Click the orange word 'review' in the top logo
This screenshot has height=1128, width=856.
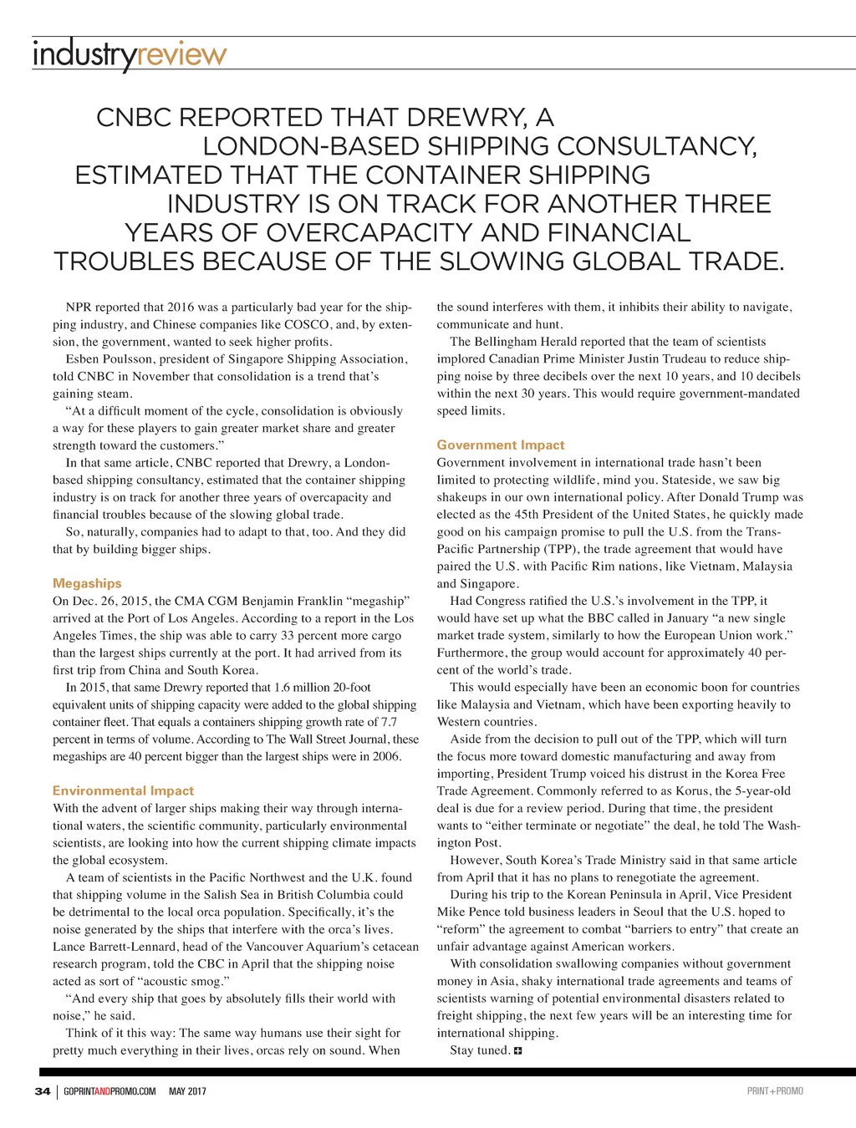pyautogui.click(x=181, y=55)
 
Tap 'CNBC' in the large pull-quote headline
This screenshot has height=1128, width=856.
pyautogui.click(x=134, y=118)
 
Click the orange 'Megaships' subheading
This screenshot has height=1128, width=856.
pyautogui.click(x=87, y=583)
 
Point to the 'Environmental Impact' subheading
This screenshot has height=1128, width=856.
pyautogui.click(x=123, y=790)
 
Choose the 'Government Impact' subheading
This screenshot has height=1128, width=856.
pyautogui.click(x=501, y=445)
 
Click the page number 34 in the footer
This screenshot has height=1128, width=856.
pyautogui.click(x=43, y=1091)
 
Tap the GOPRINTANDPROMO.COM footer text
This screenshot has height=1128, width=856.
pyautogui.click(x=110, y=1091)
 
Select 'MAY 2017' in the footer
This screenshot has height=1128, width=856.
pyautogui.click(x=187, y=1091)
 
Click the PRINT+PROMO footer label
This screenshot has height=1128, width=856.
pyautogui.click(x=775, y=1091)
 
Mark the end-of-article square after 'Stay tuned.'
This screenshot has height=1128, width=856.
pyautogui.click(x=518, y=1051)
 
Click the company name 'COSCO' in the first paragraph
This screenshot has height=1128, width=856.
pyautogui.click(x=306, y=324)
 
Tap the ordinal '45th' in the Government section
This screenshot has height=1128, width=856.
pyautogui.click(x=521, y=515)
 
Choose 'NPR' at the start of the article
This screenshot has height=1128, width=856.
pyautogui.click(x=79, y=307)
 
